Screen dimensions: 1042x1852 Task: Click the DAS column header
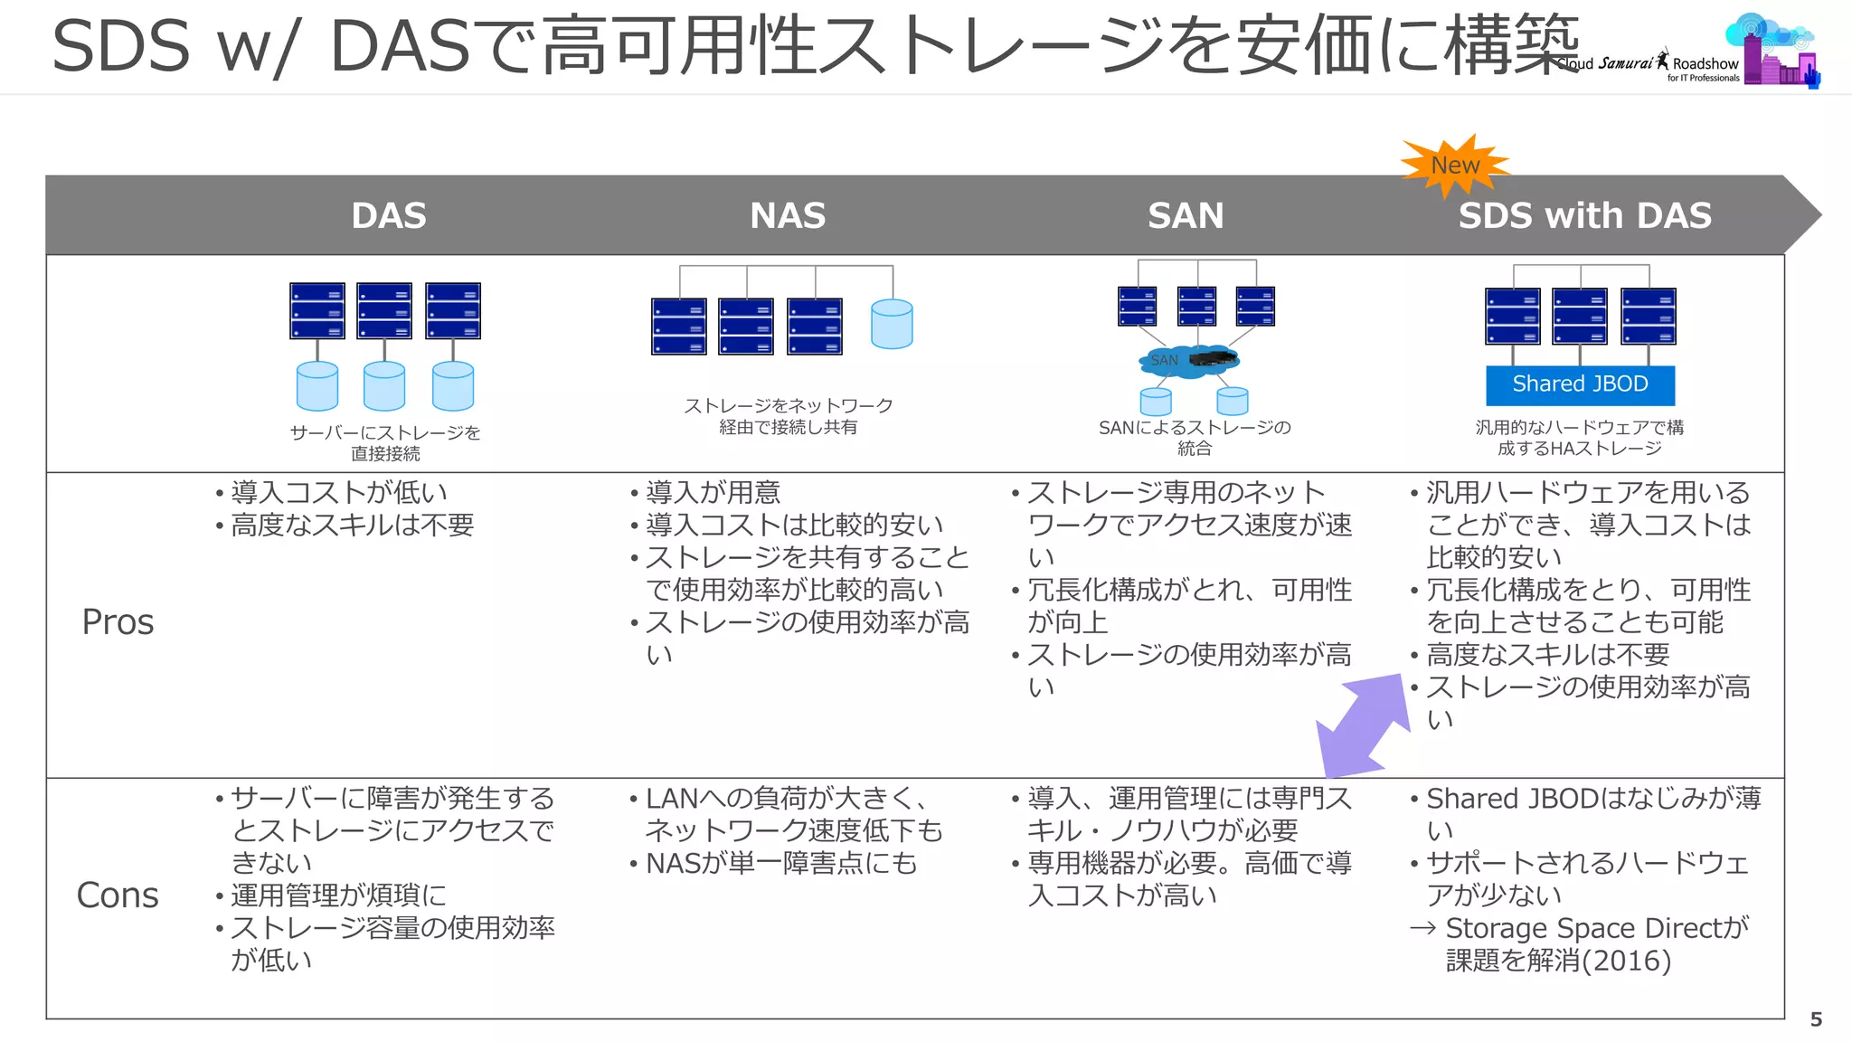(x=388, y=215)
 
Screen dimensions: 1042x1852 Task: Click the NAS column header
(x=788, y=215)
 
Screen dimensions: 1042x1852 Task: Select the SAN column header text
(x=1186, y=215)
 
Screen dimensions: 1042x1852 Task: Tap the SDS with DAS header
(x=1584, y=215)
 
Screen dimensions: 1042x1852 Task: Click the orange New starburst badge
(x=1454, y=166)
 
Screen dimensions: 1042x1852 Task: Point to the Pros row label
(x=118, y=622)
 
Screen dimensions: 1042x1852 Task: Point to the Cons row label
(x=118, y=895)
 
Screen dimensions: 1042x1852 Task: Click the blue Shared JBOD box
(x=1580, y=384)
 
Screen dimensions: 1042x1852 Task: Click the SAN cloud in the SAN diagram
(x=1186, y=361)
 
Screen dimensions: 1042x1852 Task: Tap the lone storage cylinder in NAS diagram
(x=892, y=324)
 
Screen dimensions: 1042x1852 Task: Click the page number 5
(x=1816, y=1019)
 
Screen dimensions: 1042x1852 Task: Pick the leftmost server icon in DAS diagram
(x=317, y=311)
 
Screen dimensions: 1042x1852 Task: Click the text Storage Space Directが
(x=1596, y=928)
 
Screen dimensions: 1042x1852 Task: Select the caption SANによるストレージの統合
(x=1195, y=437)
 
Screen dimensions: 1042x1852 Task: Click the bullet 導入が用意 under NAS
(x=713, y=493)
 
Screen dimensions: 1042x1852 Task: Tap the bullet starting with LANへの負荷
(x=785, y=799)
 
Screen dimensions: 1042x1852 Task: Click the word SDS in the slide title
(x=120, y=47)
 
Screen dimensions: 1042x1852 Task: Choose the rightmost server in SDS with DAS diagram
(x=1648, y=317)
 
